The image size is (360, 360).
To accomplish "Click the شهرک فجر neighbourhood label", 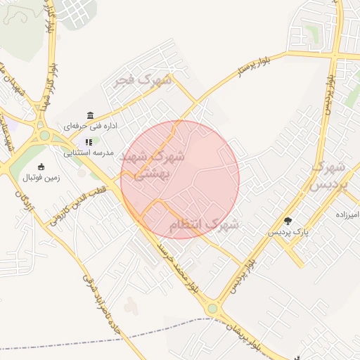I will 146,80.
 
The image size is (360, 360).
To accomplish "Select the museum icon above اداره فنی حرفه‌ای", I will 90,115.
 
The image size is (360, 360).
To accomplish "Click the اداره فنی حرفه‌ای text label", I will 90,127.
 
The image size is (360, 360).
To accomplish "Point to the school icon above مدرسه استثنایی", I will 89,142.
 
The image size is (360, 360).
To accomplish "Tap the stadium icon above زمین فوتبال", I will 41,167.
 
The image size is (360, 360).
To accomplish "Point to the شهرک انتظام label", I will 203,225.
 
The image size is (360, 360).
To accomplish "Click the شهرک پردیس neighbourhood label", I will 328,176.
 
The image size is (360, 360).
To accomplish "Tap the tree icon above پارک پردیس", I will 288,220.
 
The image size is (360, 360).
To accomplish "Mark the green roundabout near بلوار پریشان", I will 212,308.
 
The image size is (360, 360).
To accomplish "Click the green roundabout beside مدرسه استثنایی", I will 44,135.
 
